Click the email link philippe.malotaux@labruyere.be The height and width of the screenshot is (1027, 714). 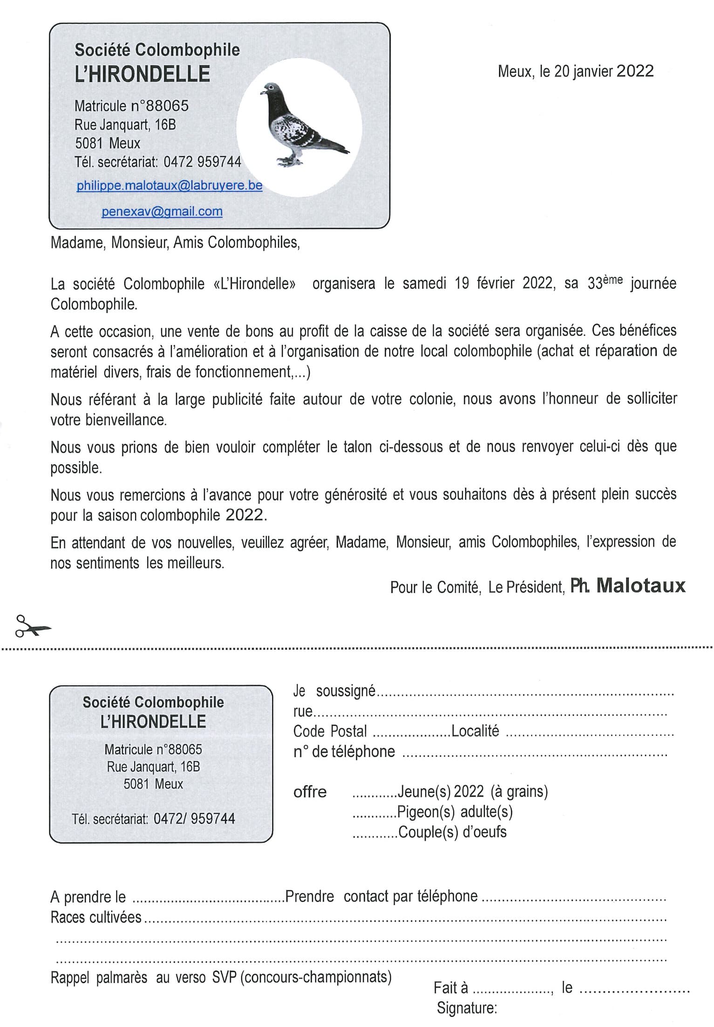point(170,185)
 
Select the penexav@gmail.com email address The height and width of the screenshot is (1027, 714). point(162,211)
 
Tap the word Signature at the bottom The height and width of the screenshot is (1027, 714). point(467,1008)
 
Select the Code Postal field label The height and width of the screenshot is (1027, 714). point(330,731)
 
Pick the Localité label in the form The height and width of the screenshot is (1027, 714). point(475,731)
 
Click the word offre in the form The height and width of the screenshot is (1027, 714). point(310,792)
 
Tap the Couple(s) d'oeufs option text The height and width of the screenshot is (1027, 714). point(452,832)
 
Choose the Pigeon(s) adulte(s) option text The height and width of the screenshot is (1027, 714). point(455,812)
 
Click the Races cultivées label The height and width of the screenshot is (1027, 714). point(96,917)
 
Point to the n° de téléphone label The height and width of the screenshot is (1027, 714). point(344,751)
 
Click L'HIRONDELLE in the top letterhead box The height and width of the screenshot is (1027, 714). point(143,74)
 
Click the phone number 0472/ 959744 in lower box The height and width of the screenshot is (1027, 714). point(194,819)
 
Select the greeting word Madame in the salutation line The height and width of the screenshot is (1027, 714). point(77,243)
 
